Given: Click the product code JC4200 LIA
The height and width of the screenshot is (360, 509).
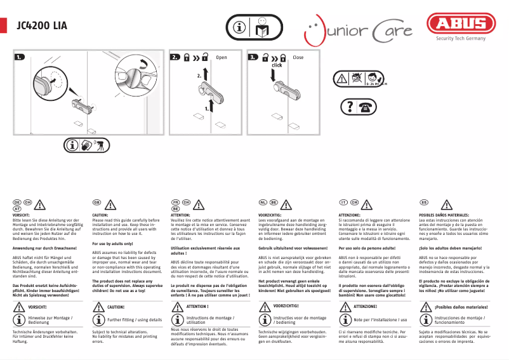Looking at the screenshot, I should pyautogui.click(x=41, y=26).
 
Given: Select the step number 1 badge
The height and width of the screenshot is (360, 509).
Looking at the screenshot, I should pyautogui.click(x=20, y=57).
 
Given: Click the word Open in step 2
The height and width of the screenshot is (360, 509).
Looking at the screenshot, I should pyautogui.click(x=221, y=57).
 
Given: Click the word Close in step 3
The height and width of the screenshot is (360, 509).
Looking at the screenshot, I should pyautogui.click(x=298, y=57).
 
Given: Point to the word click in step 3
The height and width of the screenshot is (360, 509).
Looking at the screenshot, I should pyautogui.click(x=277, y=65).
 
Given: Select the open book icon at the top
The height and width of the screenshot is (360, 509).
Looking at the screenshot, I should pyautogui.click(x=263, y=28).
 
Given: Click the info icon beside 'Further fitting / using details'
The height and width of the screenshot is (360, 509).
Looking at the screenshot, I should pyautogui.click(x=99, y=321).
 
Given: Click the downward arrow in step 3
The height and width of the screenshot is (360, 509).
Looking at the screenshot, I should pyautogui.click(x=273, y=76).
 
